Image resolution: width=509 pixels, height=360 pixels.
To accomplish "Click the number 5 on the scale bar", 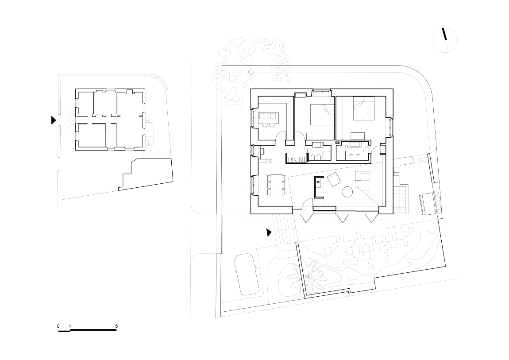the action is [x=116, y=326].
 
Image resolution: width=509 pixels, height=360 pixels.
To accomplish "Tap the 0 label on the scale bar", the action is [x=58, y=326].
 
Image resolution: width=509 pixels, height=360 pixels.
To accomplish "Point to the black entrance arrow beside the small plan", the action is [x=54, y=120].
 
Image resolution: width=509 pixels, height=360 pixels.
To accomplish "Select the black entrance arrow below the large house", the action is [x=269, y=232].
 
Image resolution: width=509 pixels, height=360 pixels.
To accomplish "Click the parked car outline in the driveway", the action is [x=246, y=274].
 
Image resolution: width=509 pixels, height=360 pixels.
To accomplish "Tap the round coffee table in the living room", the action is [x=347, y=192].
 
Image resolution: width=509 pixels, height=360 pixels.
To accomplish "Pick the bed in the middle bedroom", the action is [x=322, y=114].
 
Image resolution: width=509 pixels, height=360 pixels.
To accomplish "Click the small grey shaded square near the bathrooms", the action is [x=337, y=142].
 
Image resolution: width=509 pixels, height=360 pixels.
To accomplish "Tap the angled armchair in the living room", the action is [x=334, y=179].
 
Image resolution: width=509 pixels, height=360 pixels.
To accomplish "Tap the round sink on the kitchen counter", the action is [x=269, y=160].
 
